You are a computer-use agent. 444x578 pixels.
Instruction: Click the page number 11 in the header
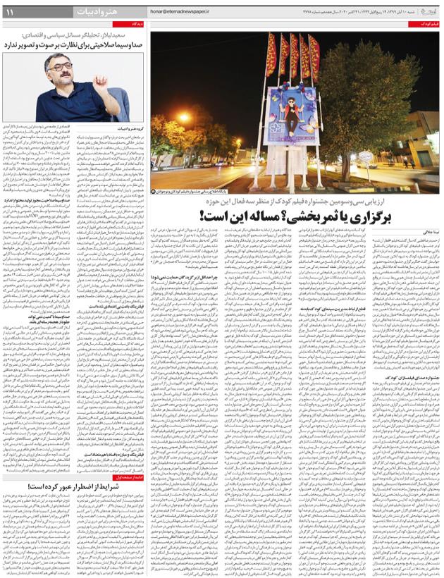point(14,12)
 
